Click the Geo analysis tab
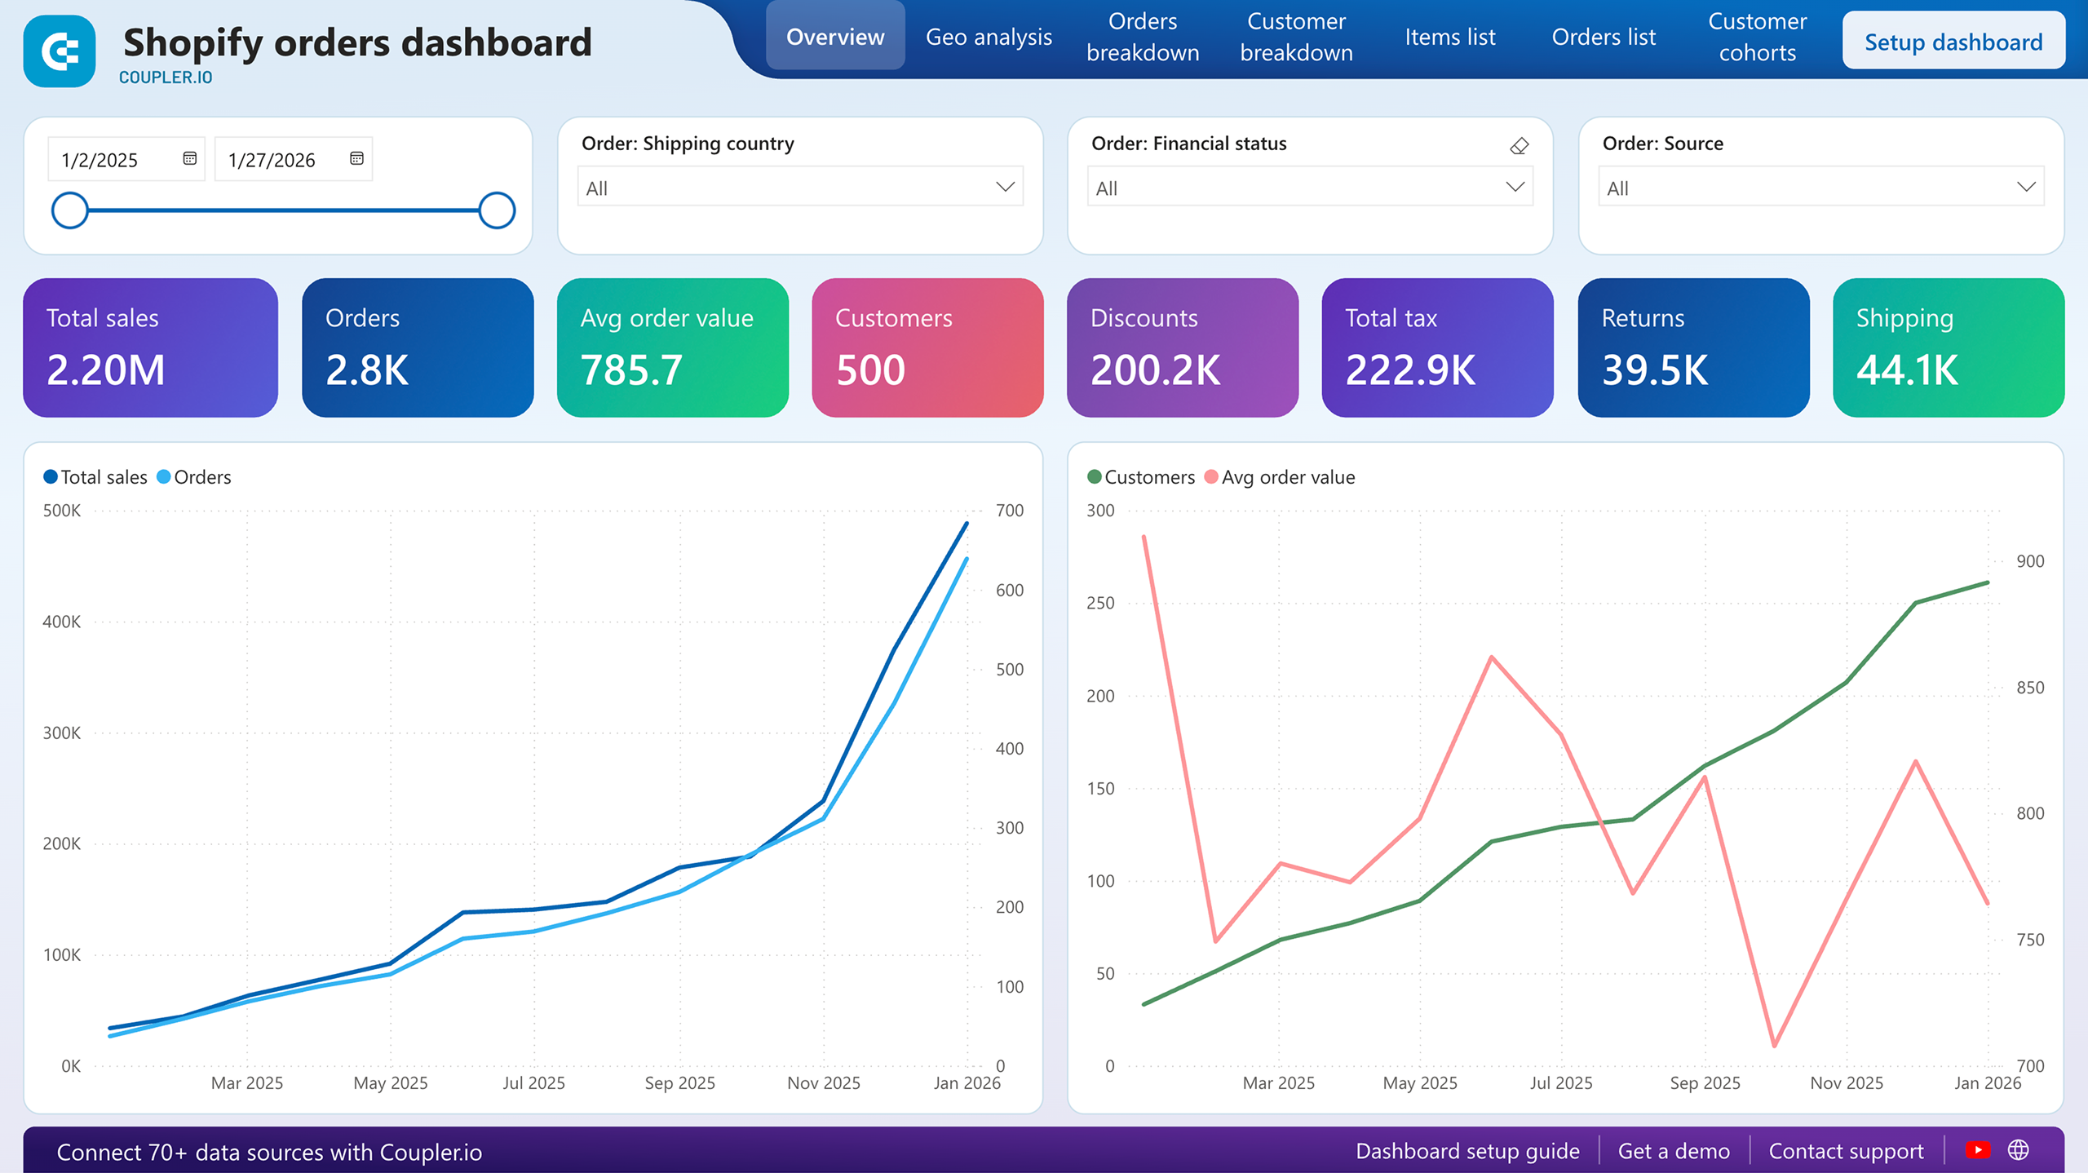[988, 37]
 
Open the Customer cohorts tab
[1757, 37]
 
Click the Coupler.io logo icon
[60, 51]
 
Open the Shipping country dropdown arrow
[1005, 187]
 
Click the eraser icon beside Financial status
[1519, 146]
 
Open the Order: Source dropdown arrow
[2026, 187]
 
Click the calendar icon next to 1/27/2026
[356, 158]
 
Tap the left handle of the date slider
[70, 210]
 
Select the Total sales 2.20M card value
[106, 370]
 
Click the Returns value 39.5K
[1654, 370]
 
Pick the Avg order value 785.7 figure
[631, 370]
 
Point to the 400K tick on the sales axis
[62, 622]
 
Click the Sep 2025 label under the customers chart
[1705, 1082]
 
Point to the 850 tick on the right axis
[2029, 688]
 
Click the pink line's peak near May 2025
[1491, 657]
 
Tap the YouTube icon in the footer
[1977, 1150]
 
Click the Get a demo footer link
[1673, 1151]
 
